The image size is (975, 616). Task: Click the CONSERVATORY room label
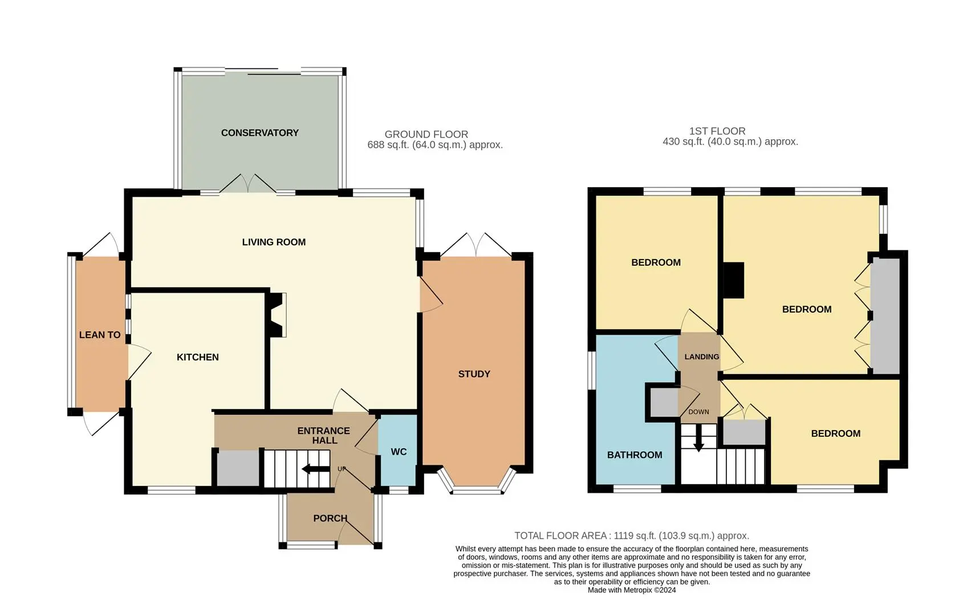[x=260, y=133]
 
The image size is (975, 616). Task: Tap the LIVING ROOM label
[x=274, y=242]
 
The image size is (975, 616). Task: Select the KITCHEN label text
[x=198, y=357]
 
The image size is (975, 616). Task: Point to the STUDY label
[x=474, y=374]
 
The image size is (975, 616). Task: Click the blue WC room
[x=398, y=450]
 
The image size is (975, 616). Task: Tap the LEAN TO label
[x=100, y=335]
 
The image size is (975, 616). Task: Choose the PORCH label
[x=330, y=518]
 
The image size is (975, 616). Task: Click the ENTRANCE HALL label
[x=324, y=435]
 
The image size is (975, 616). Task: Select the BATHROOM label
[x=635, y=455]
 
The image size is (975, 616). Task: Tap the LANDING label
[x=702, y=357]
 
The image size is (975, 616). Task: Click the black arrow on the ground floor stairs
[x=316, y=469]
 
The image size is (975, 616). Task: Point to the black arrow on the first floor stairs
[x=698, y=439]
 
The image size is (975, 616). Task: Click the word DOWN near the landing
[x=698, y=412]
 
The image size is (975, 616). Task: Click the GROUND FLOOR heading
[x=426, y=134]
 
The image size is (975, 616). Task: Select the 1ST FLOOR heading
[x=717, y=131]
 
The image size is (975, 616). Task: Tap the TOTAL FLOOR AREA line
[x=632, y=536]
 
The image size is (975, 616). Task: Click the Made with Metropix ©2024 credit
[x=632, y=590]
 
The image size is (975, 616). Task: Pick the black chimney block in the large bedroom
[x=733, y=281]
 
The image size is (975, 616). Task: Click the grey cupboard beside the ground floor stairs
[x=238, y=468]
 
